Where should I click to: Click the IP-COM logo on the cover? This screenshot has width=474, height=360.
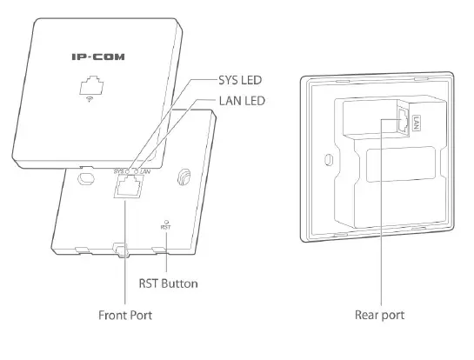pyautogui.click(x=98, y=57)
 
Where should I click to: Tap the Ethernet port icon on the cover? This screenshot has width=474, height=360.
pyautogui.click(x=91, y=85)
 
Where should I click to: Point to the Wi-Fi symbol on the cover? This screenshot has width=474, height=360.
pyautogui.click(x=90, y=99)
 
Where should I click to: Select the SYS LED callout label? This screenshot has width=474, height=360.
pyautogui.click(x=240, y=80)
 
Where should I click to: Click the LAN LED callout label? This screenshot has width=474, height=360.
pyautogui.click(x=242, y=101)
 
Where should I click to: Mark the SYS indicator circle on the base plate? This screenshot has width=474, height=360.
pyautogui.click(x=127, y=171)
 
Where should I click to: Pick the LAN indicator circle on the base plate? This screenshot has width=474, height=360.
pyautogui.click(x=137, y=171)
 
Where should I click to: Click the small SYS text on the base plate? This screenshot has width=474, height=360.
pyautogui.click(x=119, y=171)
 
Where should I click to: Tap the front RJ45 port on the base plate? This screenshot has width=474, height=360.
pyautogui.click(x=128, y=186)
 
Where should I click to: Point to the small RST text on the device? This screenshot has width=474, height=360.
pyautogui.click(x=165, y=227)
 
